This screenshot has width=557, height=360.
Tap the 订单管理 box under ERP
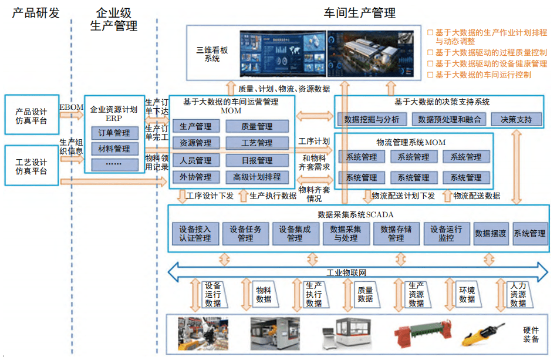tap(114, 133)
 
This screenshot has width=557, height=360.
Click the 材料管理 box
tap(114, 149)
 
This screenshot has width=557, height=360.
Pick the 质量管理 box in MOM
tap(256, 126)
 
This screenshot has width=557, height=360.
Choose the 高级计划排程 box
tap(256, 177)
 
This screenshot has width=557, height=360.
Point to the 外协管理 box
tap(196, 177)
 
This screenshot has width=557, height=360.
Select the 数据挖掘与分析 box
tap(372, 119)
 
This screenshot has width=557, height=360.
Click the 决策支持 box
tap(517, 119)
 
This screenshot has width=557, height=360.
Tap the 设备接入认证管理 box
tap(195, 233)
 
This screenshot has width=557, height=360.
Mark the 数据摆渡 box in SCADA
tap(491, 233)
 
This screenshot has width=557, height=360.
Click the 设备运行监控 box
tap(446, 233)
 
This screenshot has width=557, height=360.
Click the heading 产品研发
tap(36, 13)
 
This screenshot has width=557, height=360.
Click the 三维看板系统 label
tap(212, 55)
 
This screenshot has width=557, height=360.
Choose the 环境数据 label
tap(467, 294)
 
